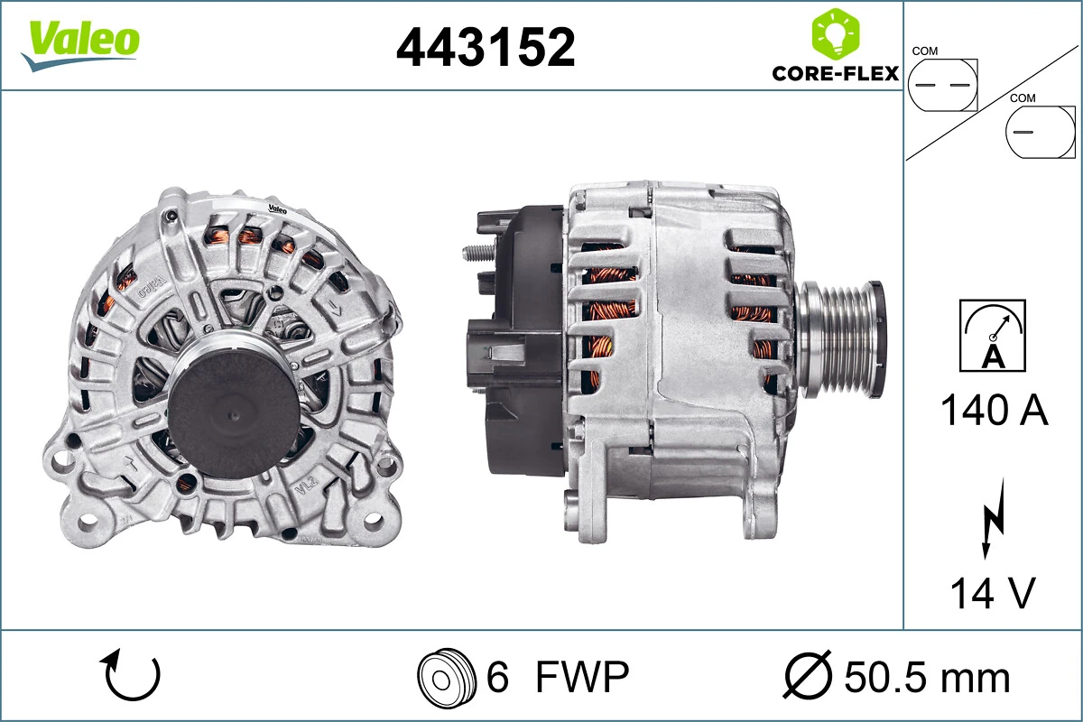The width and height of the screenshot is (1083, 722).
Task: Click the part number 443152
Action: (x=486, y=47)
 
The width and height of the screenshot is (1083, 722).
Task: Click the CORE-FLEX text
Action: (x=835, y=73)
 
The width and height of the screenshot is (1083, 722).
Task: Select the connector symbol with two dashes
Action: (x=942, y=85)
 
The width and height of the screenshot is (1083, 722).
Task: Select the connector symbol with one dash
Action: (x=1040, y=132)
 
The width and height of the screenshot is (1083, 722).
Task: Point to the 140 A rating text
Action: (x=994, y=411)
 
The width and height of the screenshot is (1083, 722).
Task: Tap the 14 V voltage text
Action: (x=992, y=594)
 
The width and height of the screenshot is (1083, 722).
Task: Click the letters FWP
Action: (x=581, y=676)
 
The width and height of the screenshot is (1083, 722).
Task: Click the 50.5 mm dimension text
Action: (x=927, y=676)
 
